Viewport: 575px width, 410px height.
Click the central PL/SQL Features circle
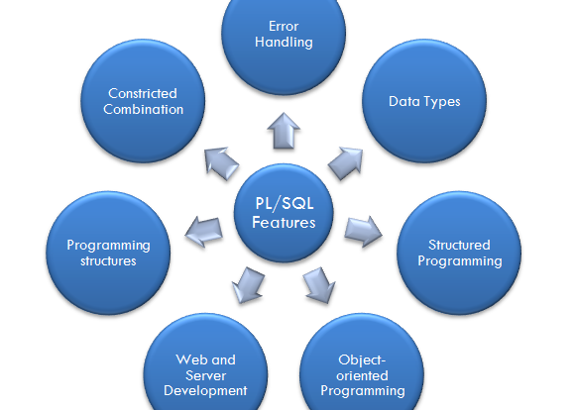(x=284, y=213)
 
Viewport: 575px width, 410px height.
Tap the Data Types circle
(x=424, y=101)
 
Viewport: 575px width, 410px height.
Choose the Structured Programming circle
(x=459, y=253)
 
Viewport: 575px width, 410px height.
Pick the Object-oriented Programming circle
(x=362, y=366)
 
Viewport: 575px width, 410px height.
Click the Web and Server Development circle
(x=205, y=366)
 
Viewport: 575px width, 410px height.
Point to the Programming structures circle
(x=108, y=253)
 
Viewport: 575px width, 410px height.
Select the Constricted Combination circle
(x=143, y=101)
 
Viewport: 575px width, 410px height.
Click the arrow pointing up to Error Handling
(x=284, y=131)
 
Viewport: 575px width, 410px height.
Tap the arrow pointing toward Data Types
(x=346, y=163)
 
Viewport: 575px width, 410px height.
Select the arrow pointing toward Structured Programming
(x=363, y=231)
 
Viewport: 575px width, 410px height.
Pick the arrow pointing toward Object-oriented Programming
(x=319, y=285)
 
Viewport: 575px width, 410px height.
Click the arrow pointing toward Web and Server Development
(x=248, y=285)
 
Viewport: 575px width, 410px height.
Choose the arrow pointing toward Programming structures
(x=204, y=231)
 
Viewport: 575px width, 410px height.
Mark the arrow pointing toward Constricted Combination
(x=221, y=163)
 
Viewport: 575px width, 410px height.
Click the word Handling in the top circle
(x=284, y=43)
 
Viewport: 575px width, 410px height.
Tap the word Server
(x=205, y=375)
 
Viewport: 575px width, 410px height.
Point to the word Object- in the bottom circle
(x=362, y=360)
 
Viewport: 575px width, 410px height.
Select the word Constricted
(x=143, y=93)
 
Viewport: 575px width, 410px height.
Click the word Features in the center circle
(x=284, y=223)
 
